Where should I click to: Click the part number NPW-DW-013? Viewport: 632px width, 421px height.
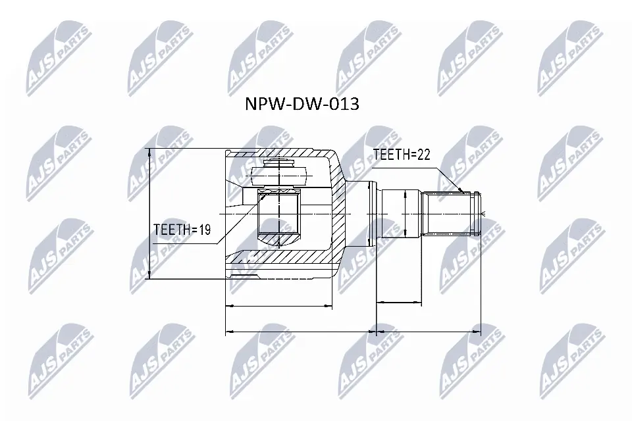(302, 104)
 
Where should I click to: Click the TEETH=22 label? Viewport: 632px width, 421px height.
(401, 155)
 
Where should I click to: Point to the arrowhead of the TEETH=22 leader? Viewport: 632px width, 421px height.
(463, 191)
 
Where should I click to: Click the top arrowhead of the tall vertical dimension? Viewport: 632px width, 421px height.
(151, 151)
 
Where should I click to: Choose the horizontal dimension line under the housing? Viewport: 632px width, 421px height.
(279, 306)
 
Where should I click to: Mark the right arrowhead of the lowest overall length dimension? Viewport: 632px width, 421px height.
(479, 332)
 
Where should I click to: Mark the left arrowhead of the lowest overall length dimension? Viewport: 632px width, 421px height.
(228, 332)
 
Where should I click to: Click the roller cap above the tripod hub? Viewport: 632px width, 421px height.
(280, 174)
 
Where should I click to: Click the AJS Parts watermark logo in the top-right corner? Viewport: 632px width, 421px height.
(569, 62)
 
